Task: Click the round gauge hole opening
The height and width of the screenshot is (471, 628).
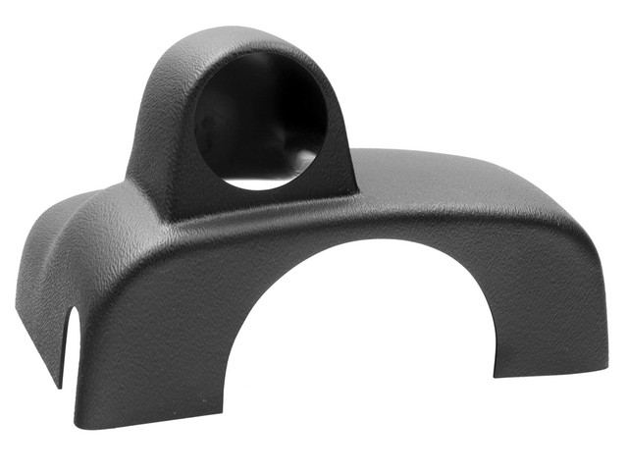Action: point(260,123)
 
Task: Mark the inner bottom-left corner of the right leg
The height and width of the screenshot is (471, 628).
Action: point(495,374)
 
